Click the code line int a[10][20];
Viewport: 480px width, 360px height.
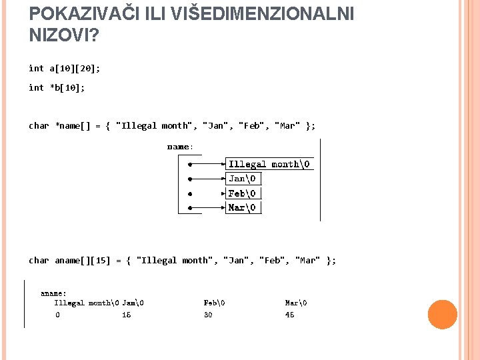(x=65, y=68)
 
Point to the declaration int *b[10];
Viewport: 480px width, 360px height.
(x=57, y=87)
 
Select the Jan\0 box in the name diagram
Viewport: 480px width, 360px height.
(x=241, y=179)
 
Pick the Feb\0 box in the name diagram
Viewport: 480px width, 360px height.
(x=241, y=193)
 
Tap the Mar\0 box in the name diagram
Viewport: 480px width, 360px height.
(x=241, y=207)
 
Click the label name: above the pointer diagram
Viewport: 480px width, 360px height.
(x=180, y=146)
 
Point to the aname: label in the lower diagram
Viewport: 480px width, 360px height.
(x=53, y=293)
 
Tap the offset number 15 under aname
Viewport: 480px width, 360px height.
(x=126, y=315)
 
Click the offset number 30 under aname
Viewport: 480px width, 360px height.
(x=208, y=315)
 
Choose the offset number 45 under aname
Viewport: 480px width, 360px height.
(x=289, y=315)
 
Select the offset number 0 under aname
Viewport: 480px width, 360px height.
(x=57, y=315)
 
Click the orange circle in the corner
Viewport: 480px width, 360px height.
(x=442, y=315)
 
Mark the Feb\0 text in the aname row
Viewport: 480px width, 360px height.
(x=214, y=303)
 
